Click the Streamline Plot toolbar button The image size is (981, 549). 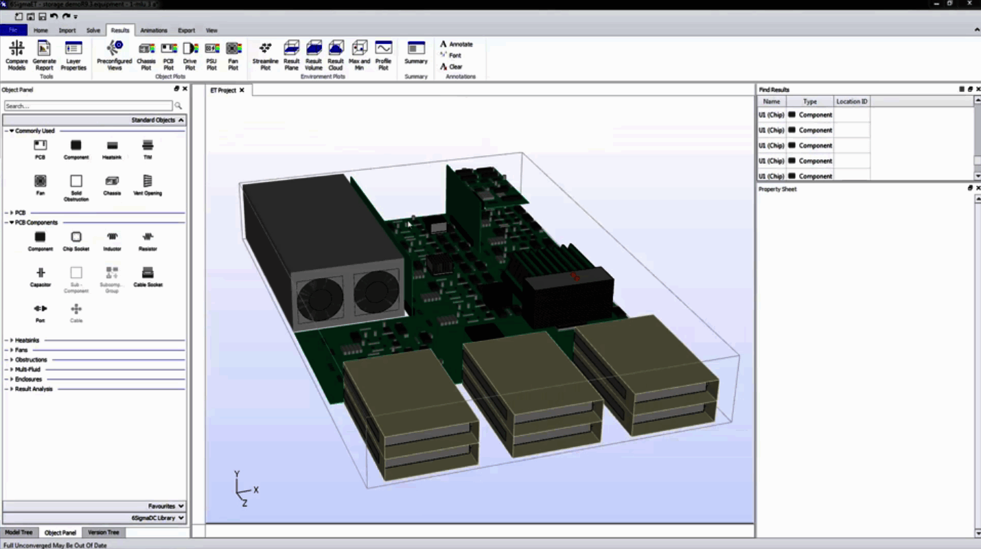coord(265,55)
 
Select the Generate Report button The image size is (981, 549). coord(44,55)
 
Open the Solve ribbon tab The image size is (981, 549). coord(93,30)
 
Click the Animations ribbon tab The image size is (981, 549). coord(153,30)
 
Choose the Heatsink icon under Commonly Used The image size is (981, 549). coord(112,147)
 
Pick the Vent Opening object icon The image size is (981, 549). coord(148,183)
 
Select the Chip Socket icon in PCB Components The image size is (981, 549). coord(76,238)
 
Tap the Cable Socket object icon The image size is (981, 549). coord(148,274)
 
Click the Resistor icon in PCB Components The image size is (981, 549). coord(148,238)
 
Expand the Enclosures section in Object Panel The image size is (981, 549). coord(28,379)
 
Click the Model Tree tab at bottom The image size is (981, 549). coord(19,533)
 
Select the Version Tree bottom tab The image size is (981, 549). coord(103,533)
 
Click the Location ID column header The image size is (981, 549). coord(851,102)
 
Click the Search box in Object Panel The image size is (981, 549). coord(88,106)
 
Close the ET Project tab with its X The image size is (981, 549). coord(242,90)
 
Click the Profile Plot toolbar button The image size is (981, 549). coord(383,55)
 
